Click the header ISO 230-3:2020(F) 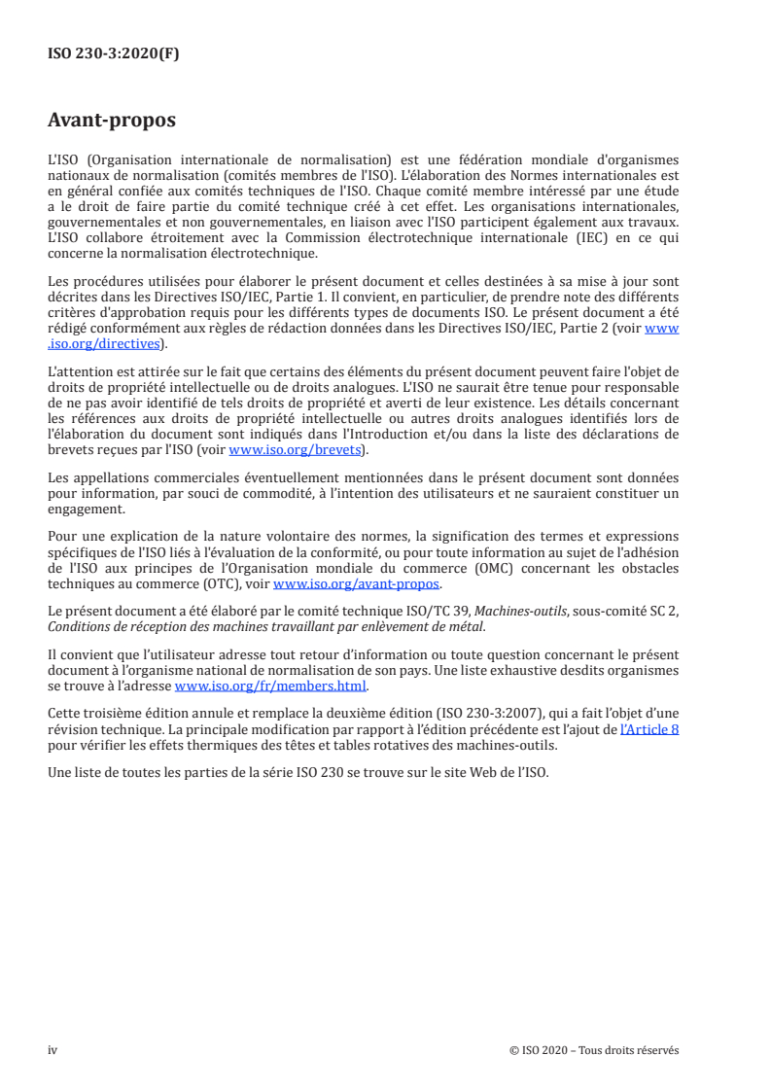tap(114, 54)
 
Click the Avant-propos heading tap(112, 121)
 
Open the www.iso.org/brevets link tap(294, 450)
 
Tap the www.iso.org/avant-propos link tap(357, 584)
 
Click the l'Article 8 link tap(649, 726)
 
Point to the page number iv tap(53, 1050)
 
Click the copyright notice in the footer tap(593, 1050)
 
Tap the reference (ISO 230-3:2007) tap(489, 713)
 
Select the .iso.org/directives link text tap(107, 343)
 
